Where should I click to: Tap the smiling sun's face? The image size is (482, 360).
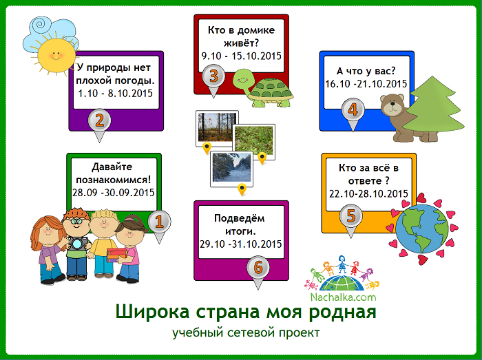(x=56, y=55)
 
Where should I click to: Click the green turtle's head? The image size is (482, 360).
(x=243, y=80)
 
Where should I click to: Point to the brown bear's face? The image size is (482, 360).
(x=392, y=105)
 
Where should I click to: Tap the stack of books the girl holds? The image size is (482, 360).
(x=116, y=255)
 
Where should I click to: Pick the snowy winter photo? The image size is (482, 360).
(x=232, y=169)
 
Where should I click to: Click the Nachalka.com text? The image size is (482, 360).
(x=343, y=297)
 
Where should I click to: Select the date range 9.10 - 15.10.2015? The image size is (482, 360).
(x=242, y=56)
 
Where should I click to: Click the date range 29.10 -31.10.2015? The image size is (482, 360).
(x=241, y=244)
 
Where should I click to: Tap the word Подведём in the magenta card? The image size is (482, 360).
(x=239, y=218)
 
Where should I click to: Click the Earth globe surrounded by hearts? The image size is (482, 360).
(x=421, y=229)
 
